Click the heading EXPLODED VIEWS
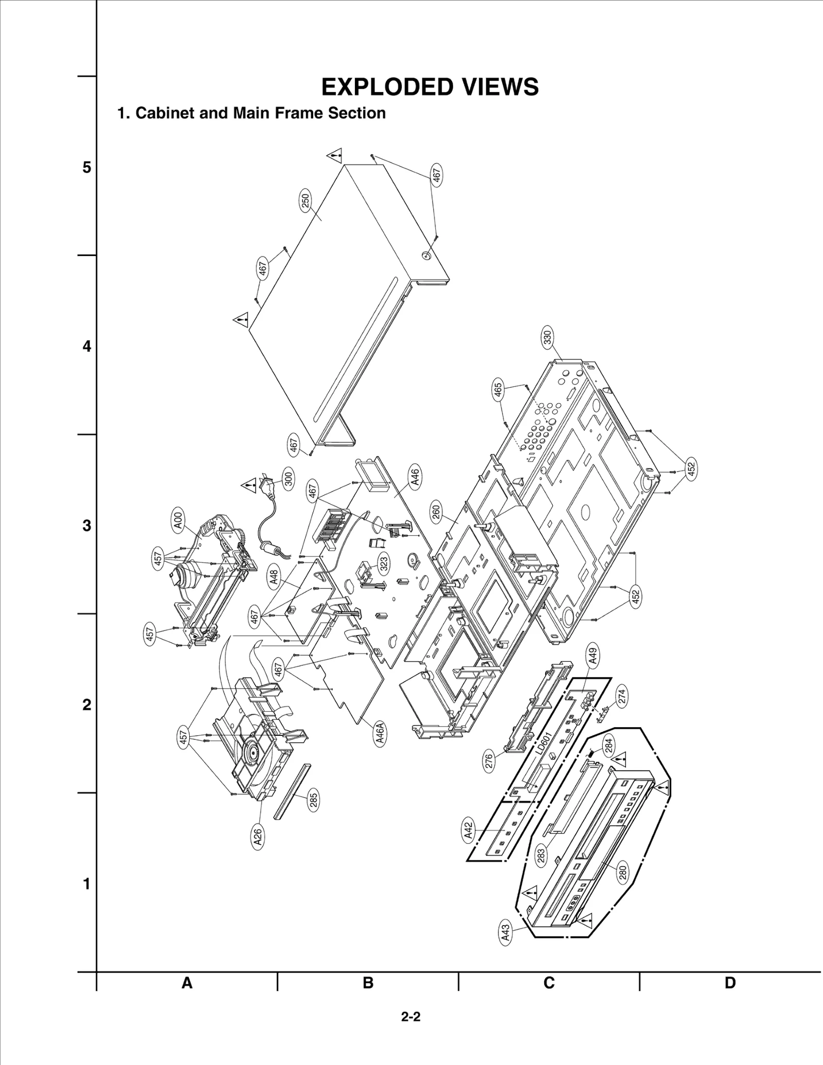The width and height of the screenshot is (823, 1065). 430,87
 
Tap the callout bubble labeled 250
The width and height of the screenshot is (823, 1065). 306,201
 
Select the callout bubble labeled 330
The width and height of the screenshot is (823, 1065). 547,337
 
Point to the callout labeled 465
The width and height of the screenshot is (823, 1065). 497,392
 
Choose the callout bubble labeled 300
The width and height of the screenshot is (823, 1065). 289,479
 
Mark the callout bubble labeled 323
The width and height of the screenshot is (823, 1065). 384,564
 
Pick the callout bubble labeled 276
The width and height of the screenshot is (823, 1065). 489,761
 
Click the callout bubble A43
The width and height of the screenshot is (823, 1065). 506,933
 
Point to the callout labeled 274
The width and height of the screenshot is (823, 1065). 622,697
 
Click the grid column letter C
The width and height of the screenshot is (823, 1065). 549,983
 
